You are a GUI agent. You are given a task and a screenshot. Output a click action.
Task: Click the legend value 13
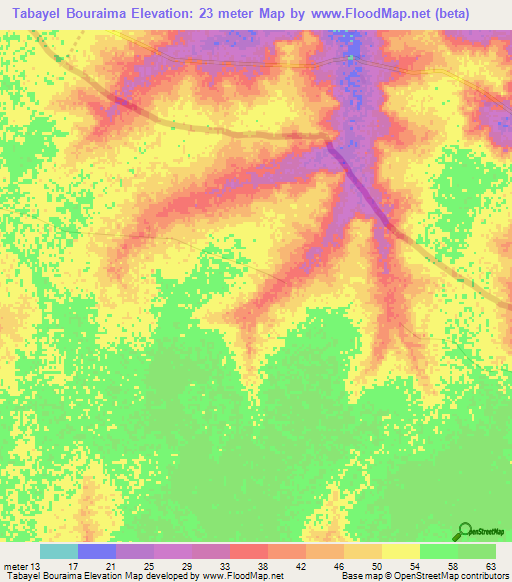pyautogui.click(x=35, y=565)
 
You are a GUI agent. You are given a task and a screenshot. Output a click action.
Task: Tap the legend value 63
pyautogui.click(x=490, y=565)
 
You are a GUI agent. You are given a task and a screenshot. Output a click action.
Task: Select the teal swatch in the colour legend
pyautogui.click(x=58, y=551)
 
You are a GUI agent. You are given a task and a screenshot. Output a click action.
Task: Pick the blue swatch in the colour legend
pyautogui.click(x=96, y=551)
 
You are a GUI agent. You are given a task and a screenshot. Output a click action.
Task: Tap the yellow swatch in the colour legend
pyautogui.click(x=400, y=551)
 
